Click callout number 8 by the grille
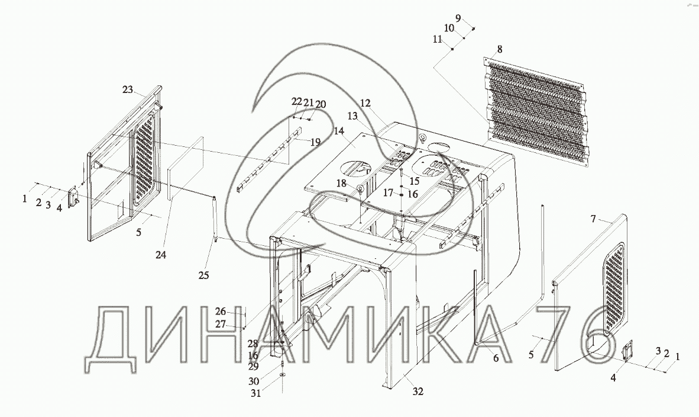500,49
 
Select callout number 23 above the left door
128,89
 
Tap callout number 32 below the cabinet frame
418,392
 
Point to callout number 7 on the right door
594,220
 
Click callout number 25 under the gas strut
204,275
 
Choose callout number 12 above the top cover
365,103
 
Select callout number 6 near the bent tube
496,358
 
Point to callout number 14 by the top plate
339,130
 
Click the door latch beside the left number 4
75,197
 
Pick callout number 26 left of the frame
221,312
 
